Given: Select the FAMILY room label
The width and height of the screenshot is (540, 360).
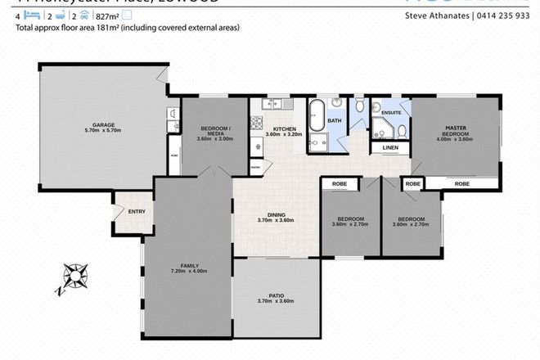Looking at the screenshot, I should (x=189, y=264).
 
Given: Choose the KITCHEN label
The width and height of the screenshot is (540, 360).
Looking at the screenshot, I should (x=285, y=129).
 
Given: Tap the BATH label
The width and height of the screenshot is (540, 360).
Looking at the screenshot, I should (x=335, y=121).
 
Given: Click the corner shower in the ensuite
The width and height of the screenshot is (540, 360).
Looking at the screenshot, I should (x=382, y=128).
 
